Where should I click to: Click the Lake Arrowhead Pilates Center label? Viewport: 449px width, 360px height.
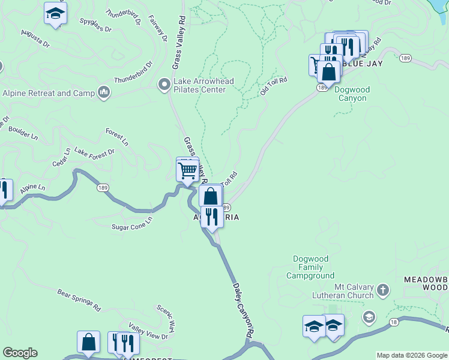[199, 86]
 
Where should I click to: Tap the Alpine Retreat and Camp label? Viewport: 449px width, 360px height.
[49, 93]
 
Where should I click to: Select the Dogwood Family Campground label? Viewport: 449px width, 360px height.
[313, 268]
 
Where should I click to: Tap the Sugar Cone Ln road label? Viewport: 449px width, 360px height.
[132, 223]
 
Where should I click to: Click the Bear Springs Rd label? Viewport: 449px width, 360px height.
[79, 298]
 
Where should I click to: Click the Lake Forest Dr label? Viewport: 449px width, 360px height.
[94, 153]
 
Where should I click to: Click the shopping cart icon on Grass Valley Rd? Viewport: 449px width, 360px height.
[188, 171]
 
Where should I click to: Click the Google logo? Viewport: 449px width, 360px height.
[20, 353]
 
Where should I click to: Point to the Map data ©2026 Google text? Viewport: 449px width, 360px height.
[412, 355]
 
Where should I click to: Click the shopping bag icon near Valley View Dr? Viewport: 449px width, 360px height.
[88, 342]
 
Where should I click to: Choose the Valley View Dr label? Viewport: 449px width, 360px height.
[148, 333]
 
